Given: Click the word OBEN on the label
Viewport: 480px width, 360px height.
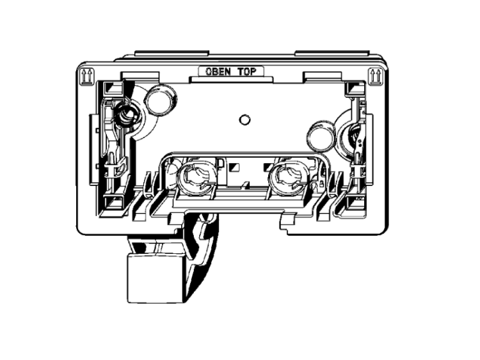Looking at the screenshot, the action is [218, 72].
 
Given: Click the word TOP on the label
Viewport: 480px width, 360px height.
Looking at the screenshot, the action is [246, 72].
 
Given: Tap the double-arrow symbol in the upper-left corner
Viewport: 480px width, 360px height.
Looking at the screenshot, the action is [86, 76].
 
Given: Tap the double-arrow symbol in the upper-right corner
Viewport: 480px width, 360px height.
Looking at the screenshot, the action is [375, 76].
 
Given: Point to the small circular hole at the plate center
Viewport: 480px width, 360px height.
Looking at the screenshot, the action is [244, 120].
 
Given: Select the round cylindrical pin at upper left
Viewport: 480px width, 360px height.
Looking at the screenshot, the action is [160, 99].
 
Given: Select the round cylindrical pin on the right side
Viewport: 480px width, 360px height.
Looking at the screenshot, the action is [321, 136].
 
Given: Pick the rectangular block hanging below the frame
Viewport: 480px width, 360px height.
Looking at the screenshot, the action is [156, 278].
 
